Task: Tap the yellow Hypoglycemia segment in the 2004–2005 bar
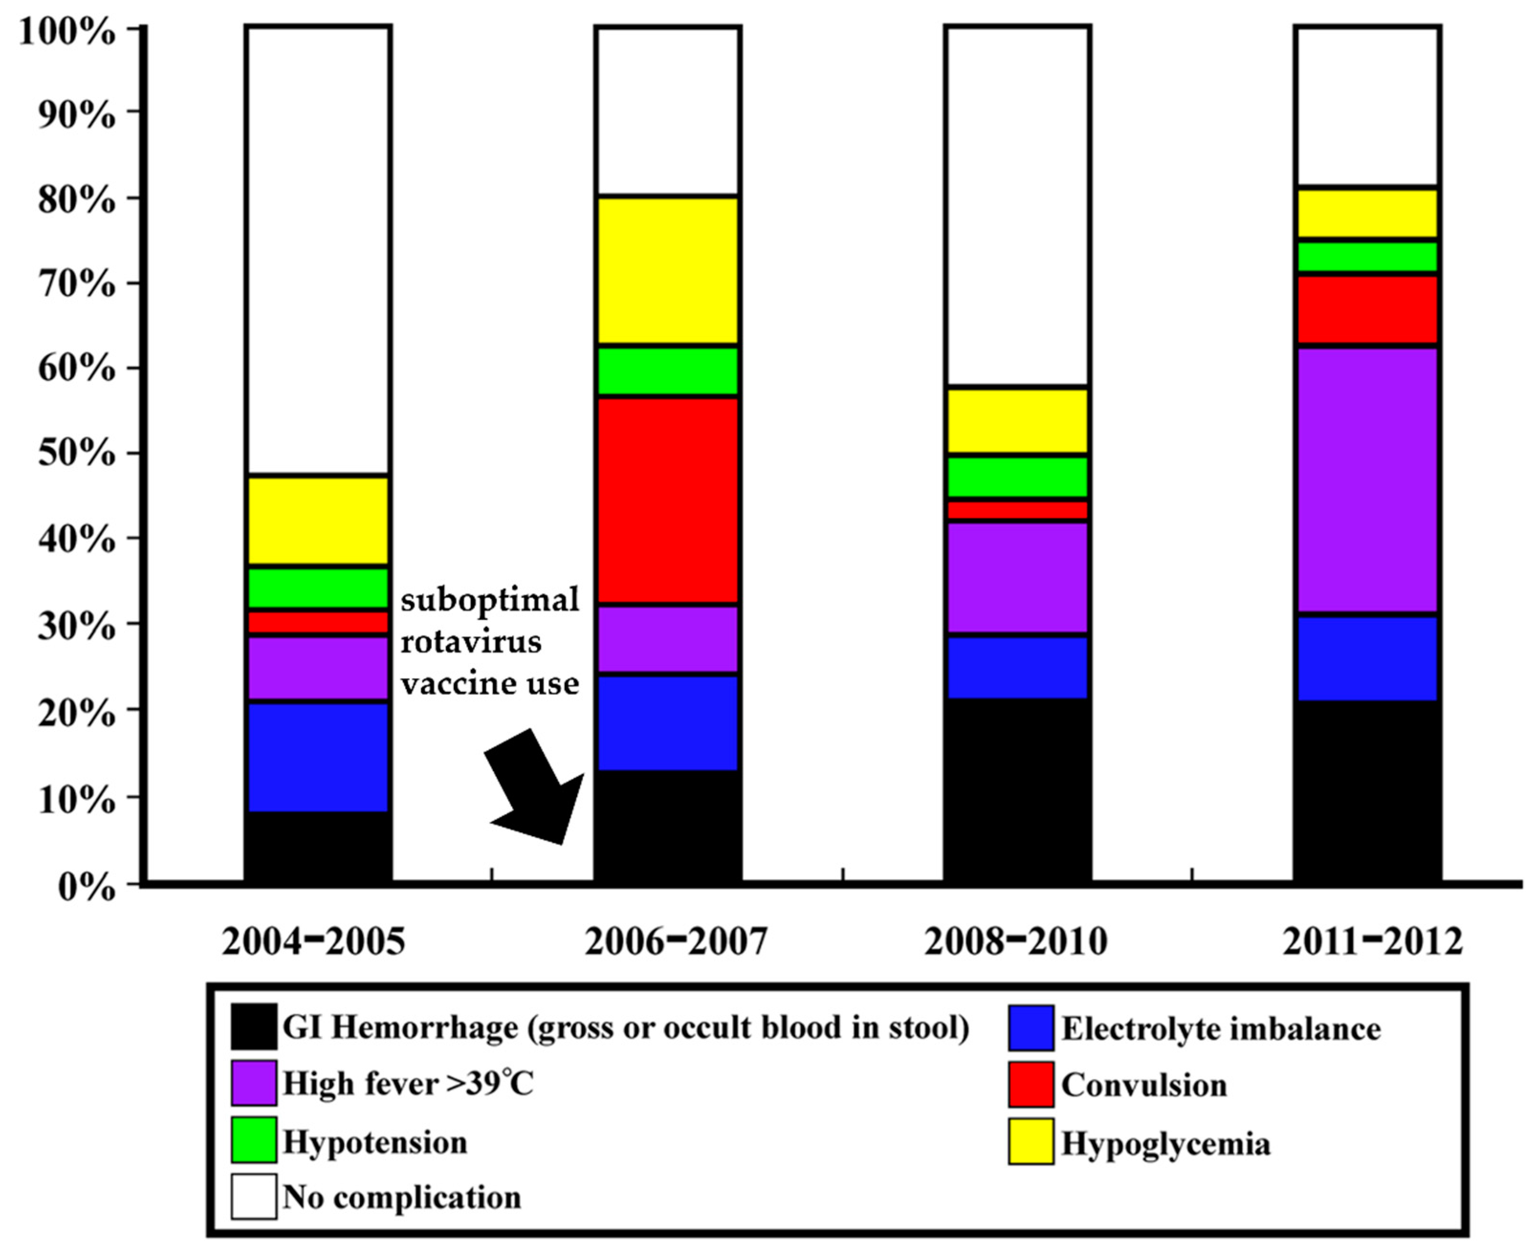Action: [317, 521]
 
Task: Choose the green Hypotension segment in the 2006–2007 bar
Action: [667, 371]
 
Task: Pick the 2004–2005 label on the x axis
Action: [314, 941]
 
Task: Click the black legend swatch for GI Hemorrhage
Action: [253, 1027]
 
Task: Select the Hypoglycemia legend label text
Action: [1165, 1143]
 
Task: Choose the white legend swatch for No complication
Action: [253, 1197]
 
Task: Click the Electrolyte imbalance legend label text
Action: [1221, 1028]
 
